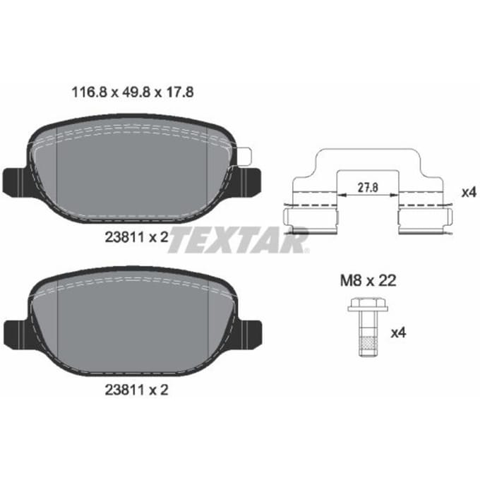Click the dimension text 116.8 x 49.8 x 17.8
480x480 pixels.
[x=132, y=92]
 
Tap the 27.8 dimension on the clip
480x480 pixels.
[x=368, y=187]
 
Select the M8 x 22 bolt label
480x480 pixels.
[x=368, y=280]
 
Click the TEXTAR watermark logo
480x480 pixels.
[x=238, y=240]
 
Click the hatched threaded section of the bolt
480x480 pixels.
[x=368, y=344]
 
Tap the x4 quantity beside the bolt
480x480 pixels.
[x=398, y=332]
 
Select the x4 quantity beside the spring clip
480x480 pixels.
[x=469, y=193]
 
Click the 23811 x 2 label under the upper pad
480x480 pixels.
[x=136, y=237]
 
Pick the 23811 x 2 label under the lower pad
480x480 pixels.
[x=136, y=390]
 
